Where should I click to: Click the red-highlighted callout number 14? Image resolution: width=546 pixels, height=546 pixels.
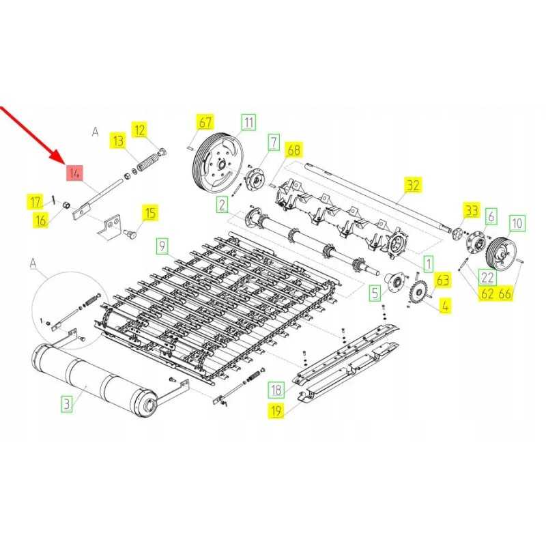[74, 173]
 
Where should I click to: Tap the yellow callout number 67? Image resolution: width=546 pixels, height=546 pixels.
[205, 122]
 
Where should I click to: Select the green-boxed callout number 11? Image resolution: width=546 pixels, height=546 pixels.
[248, 122]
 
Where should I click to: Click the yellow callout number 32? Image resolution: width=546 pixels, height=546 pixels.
[413, 184]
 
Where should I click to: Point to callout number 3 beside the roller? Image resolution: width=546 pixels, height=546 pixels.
[66, 403]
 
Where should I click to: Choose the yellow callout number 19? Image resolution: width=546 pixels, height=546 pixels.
[276, 410]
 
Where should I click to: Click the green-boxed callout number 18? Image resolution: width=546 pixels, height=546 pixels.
[276, 390]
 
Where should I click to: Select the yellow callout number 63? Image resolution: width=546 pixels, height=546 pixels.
[444, 280]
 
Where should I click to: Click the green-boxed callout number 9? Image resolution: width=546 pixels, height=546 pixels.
[161, 245]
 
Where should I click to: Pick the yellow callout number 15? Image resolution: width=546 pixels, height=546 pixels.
[149, 213]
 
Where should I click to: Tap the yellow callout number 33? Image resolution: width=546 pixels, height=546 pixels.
[472, 210]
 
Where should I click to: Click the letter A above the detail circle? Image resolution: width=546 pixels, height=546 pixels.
[33, 262]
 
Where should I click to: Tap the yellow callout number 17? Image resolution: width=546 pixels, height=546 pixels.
[35, 201]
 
